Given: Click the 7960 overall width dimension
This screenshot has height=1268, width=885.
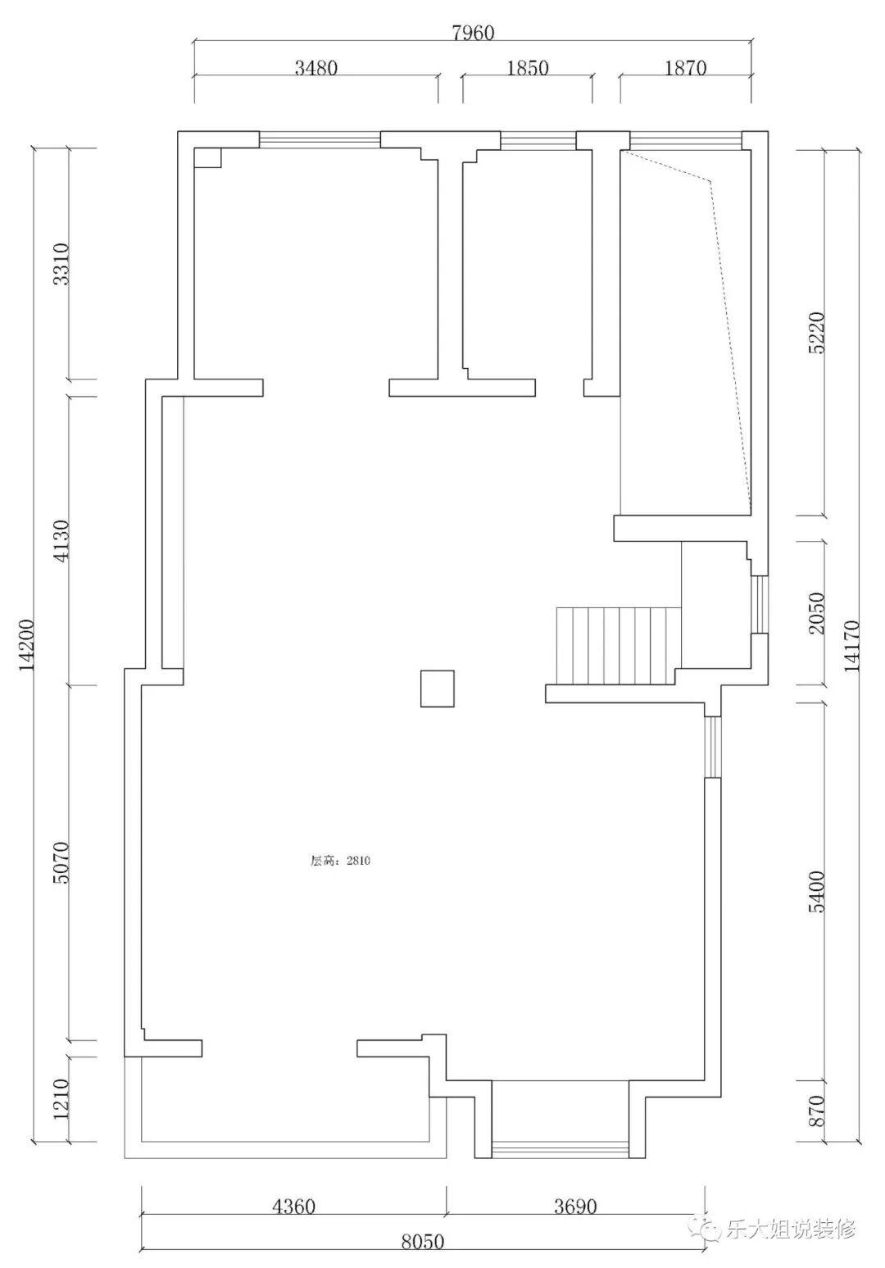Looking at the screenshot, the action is coord(473,33).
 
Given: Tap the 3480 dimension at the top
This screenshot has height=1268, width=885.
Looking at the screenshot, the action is coord(315,68).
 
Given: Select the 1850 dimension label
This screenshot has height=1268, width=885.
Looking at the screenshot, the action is coord(528,68).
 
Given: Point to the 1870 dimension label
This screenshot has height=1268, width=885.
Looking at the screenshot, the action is coord(685,68).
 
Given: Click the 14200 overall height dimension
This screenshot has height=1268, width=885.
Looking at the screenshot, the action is coord(27,646).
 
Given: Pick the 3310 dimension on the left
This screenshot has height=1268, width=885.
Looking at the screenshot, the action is coord(61,264).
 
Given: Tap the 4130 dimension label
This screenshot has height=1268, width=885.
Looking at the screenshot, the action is coord(61,539).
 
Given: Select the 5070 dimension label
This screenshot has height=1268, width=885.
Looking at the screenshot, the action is coord(61,863).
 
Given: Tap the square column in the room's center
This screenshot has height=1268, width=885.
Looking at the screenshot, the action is coord(438,689).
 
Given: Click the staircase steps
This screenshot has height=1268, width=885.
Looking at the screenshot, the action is coord(619,646).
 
